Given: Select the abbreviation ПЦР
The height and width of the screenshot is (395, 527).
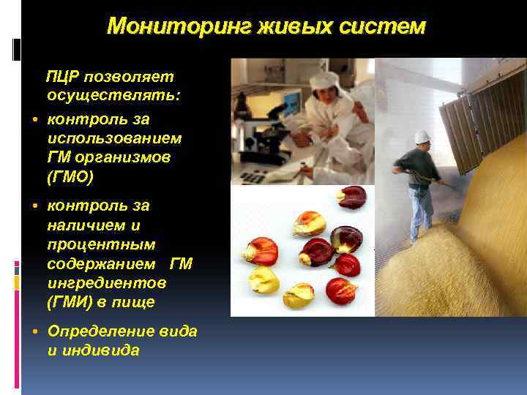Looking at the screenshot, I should click(x=64, y=77).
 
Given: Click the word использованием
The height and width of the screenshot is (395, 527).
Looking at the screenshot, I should click(x=115, y=138).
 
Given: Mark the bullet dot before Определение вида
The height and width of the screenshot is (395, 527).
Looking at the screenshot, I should click(x=36, y=331).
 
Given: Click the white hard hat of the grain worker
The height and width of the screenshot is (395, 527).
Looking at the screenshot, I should click(x=422, y=137).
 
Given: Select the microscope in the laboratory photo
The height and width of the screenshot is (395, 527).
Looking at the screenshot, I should click(x=253, y=132).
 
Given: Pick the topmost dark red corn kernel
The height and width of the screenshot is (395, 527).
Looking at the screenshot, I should click(x=354, y=197).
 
